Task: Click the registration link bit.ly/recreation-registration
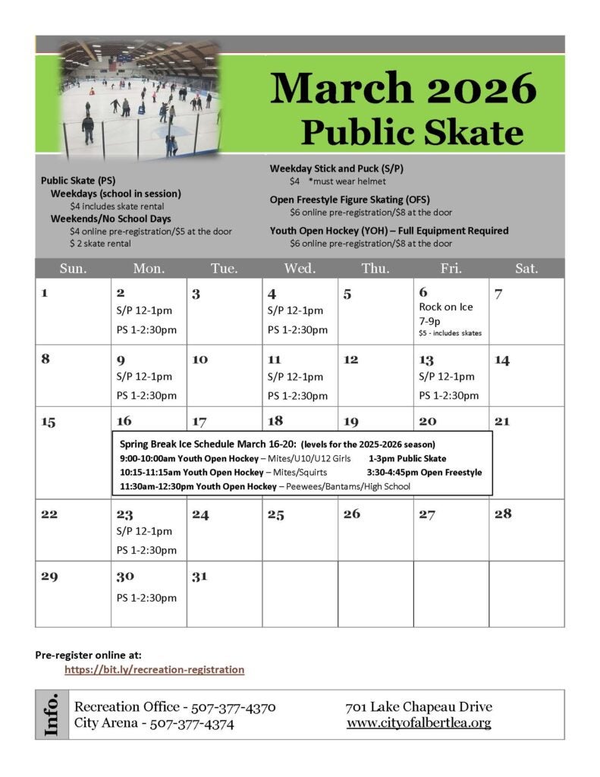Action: click(154, 669)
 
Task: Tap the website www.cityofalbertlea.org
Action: click(419, 723)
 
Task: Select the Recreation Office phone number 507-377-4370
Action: click(233, 707)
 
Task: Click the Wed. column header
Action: click(300, 268)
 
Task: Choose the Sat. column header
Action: click(526, 268)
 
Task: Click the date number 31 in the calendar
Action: click(199, 577)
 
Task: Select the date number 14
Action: click(502, 360)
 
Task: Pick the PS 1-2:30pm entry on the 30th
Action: click(146, 597)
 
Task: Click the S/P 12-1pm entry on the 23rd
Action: click(144, 531)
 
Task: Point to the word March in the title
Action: click(336, 89)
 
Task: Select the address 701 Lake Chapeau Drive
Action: click(419, 707)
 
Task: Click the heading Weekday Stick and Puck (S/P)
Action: click(337, 168)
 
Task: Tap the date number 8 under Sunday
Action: click(46, 359)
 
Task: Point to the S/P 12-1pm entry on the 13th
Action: click(447, 376)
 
